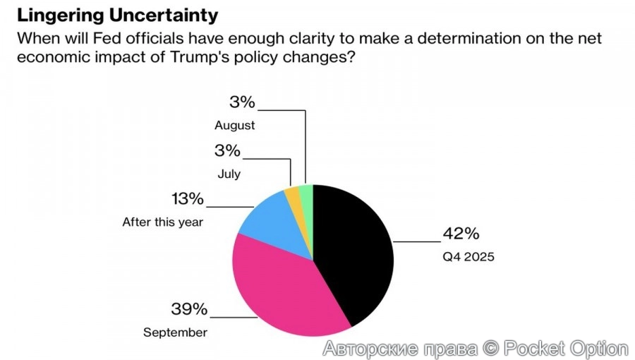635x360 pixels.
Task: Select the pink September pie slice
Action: pos(282,289)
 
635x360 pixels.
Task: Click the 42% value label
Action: pos(461,234)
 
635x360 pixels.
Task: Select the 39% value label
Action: pos(189,308)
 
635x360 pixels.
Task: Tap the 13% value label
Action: pos(187,199)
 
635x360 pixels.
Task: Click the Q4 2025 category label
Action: pos(468,256)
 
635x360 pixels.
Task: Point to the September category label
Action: pos(176,332)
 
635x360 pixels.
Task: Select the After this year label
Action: pos(163,222)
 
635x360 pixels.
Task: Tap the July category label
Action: pos(229,173)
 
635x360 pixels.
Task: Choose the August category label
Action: pos(235,126)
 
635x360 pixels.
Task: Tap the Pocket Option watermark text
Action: pos(565,348)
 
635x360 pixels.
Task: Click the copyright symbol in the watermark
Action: pos(490,348)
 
